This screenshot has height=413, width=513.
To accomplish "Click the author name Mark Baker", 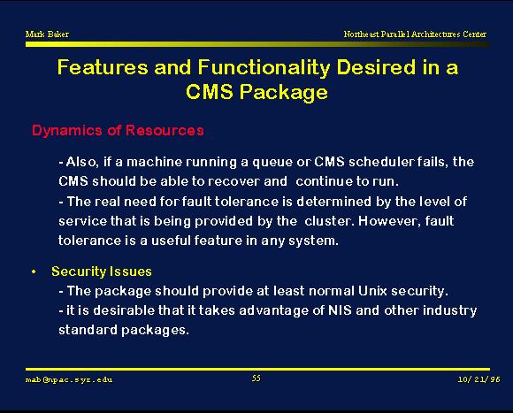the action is (47, 34).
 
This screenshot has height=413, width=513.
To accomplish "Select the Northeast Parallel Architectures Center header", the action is (415, 34).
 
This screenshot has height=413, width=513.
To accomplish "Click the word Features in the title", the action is (103, 67).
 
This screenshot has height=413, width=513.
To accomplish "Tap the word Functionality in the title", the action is (264, 69).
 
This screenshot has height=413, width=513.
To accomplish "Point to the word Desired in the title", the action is (377, 67).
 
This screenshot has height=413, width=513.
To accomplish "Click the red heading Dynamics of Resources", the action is (118, 131).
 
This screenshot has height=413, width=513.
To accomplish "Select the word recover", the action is (234, 181).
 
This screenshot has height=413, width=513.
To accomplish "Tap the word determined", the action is (334, 202).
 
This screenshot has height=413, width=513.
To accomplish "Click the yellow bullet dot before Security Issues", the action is (34, 272).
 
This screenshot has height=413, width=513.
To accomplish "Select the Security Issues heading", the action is (102, 272).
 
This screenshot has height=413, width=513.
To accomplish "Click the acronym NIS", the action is (340, 310).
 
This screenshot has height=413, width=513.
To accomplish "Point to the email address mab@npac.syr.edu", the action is (69, 379).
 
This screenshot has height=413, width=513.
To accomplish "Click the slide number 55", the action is (256, 379).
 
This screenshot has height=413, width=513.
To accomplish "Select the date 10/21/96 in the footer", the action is (479, 379).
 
